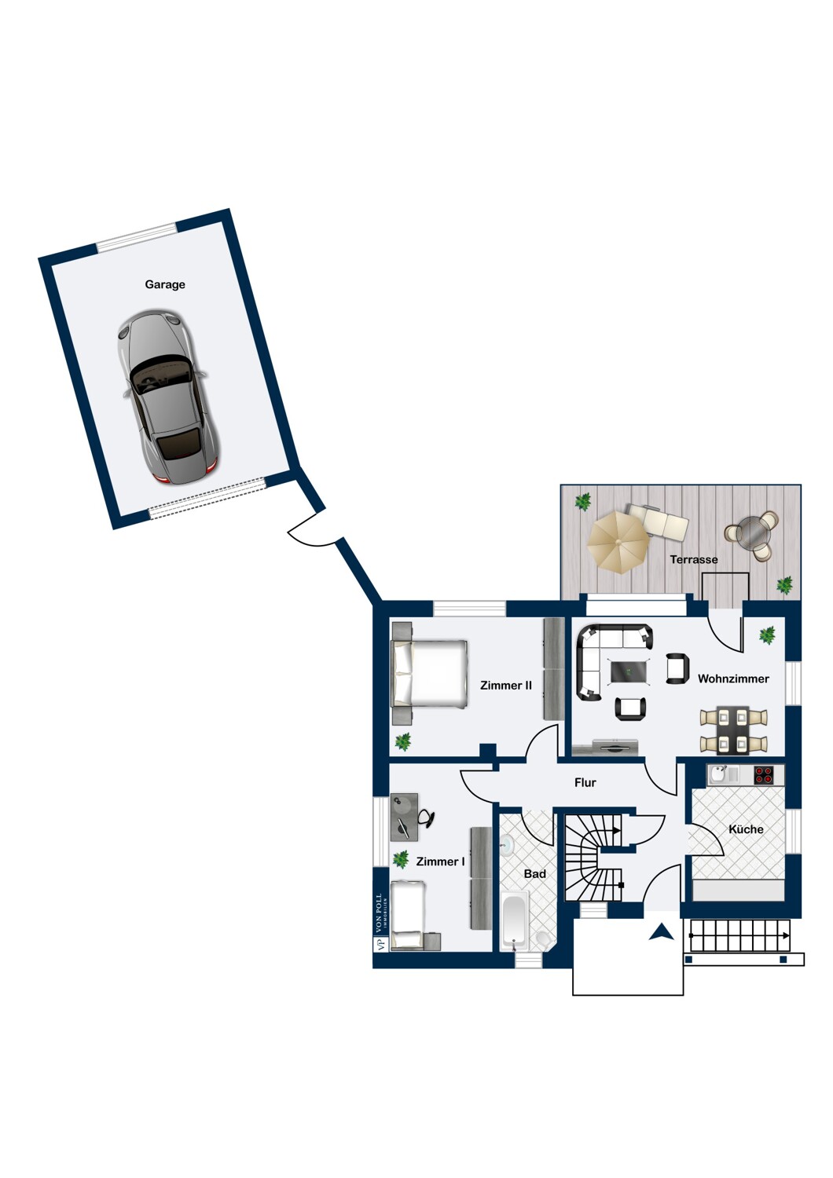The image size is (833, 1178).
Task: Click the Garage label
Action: [x=165, y=284]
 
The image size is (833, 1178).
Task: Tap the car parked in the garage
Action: [x=167, y=397]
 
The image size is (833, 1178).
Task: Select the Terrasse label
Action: [x=694, y=559]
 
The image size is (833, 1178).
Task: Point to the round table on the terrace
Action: [x=752, y=532]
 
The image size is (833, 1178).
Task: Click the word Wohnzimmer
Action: [x=733, y=679]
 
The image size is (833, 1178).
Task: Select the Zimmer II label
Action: [x=505, y=686]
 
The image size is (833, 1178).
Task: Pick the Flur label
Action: [x=585, y=783]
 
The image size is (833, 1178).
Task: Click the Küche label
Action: [x=746, y=829]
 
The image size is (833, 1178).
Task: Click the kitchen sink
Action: [x=719, y=774]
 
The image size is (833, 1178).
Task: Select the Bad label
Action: [x=534, y=874]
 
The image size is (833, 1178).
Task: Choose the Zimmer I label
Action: [x=440, y=862]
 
